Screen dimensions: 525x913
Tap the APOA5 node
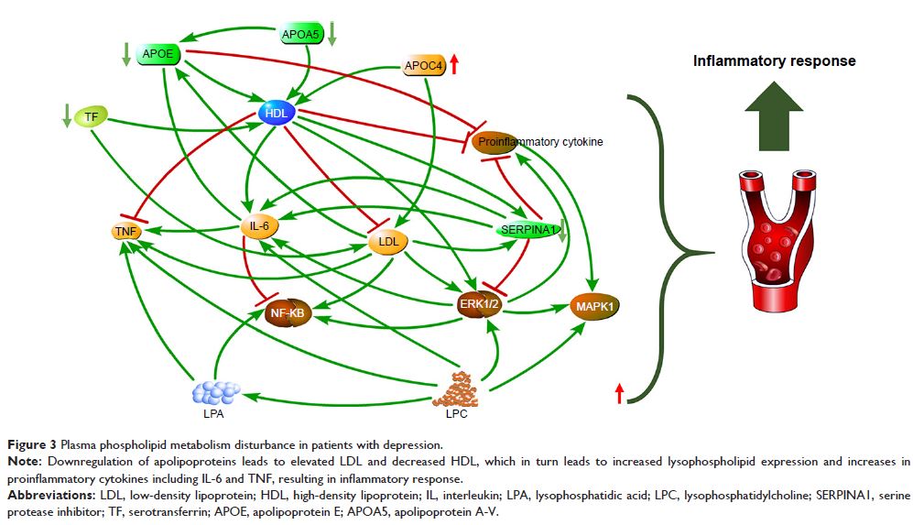coord(302,36)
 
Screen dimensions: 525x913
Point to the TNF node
coord(126,232)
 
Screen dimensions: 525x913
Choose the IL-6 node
coord(259,226)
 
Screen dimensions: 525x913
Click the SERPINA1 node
coord(527,230)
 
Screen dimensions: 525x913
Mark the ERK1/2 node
coord(481,303)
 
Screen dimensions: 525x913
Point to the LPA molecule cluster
coord(215,392)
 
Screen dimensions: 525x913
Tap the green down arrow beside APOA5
coord(332,34)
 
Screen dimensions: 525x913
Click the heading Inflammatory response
coord(774,61)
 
